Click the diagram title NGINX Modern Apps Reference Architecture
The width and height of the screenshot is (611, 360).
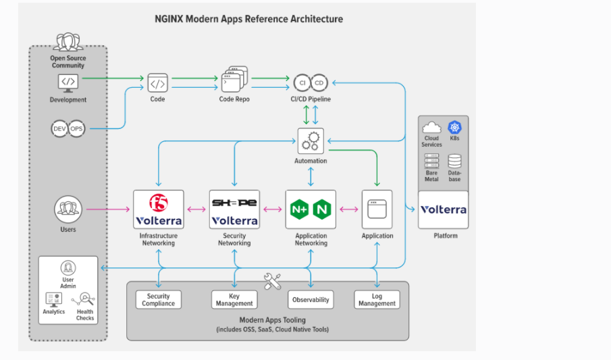(248, 19)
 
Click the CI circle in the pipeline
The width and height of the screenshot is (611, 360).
(302, 82)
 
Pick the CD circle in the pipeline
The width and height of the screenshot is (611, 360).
(319, 82)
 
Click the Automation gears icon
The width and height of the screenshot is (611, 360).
(311, 141)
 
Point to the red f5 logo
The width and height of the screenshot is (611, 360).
(159, 202)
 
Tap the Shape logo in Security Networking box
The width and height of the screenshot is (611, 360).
(234, 203)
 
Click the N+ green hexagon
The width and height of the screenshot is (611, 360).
(299, 210)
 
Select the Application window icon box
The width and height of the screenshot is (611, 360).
(377, 209)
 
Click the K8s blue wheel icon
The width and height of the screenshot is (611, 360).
(454, 128)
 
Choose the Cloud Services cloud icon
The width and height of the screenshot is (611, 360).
(431, 128)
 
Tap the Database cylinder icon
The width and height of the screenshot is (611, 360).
(454, 161)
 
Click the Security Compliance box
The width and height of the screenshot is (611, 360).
(159, 300)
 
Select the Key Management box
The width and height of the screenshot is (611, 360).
(234, 300)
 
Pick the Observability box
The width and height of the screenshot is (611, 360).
(311, 300)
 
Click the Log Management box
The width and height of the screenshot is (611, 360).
(377, 300)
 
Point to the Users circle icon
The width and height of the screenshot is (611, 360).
(68, 209)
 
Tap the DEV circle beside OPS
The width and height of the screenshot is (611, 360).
(61, 128)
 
